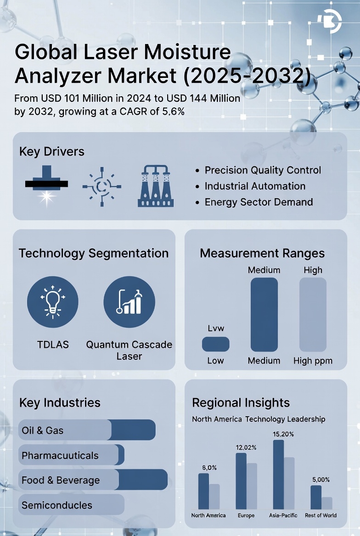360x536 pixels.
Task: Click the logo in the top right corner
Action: pyautogui.click(x=329, y=21)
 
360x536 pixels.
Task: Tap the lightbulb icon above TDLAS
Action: pyautogui.click(x=53, y=301)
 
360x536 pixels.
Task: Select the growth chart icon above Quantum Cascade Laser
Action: pyautogui.click(x=129, y=301)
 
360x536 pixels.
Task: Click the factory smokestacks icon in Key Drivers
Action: pyautogui.click(x=156, y=187)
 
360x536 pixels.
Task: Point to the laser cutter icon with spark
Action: pyautogui.click(x=46, y=185)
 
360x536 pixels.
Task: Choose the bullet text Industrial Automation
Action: pyautogui.click(x=255, y=186)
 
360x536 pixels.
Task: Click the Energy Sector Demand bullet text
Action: pyautogui.click(x=259, y=202)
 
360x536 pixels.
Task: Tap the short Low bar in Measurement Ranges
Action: pyautogui.click(x=215, y=344)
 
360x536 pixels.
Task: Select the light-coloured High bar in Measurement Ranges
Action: pyautogui.click(x=313, y=314)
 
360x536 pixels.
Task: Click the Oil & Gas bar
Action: pyautogui.click(x=87, y=430)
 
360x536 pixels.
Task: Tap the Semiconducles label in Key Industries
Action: pyautogui.click(x=57, y=505)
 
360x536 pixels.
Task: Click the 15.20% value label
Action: pyautogui.click(x=283, y=434)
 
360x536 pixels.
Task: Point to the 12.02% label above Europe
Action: pyautogui.click(x=246, y=447)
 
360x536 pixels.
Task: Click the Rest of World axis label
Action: pyautogui.click(x=321, y=515)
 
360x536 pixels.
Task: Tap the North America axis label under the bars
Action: pyautogui.click(x=208, y=515)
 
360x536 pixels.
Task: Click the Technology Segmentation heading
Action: pyautogui.click(x=94, y=253)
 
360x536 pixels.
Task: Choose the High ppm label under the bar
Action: pyautogui.click(x=313, y=361)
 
